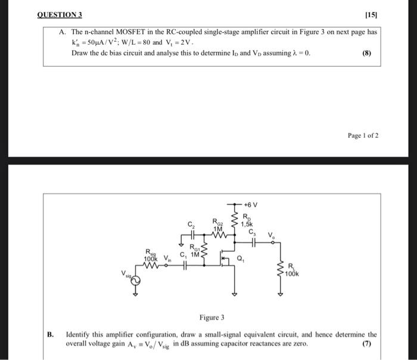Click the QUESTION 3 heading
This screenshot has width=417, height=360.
60,14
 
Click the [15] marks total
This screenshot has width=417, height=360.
372,14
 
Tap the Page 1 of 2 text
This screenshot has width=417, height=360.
363,135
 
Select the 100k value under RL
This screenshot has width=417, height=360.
291,274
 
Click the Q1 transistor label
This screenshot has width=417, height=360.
241,259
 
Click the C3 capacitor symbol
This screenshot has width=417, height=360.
254,243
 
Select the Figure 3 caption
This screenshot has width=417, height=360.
211,318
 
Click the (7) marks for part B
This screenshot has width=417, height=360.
366,344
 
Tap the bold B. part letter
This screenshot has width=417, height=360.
51,334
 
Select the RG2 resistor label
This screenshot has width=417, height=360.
218,221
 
